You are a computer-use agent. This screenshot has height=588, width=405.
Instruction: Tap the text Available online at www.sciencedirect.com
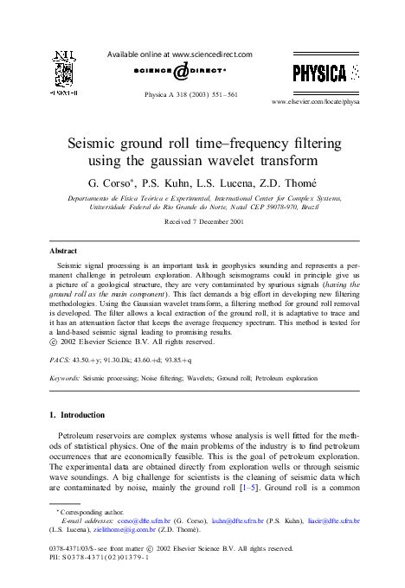[x=181, y=54]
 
